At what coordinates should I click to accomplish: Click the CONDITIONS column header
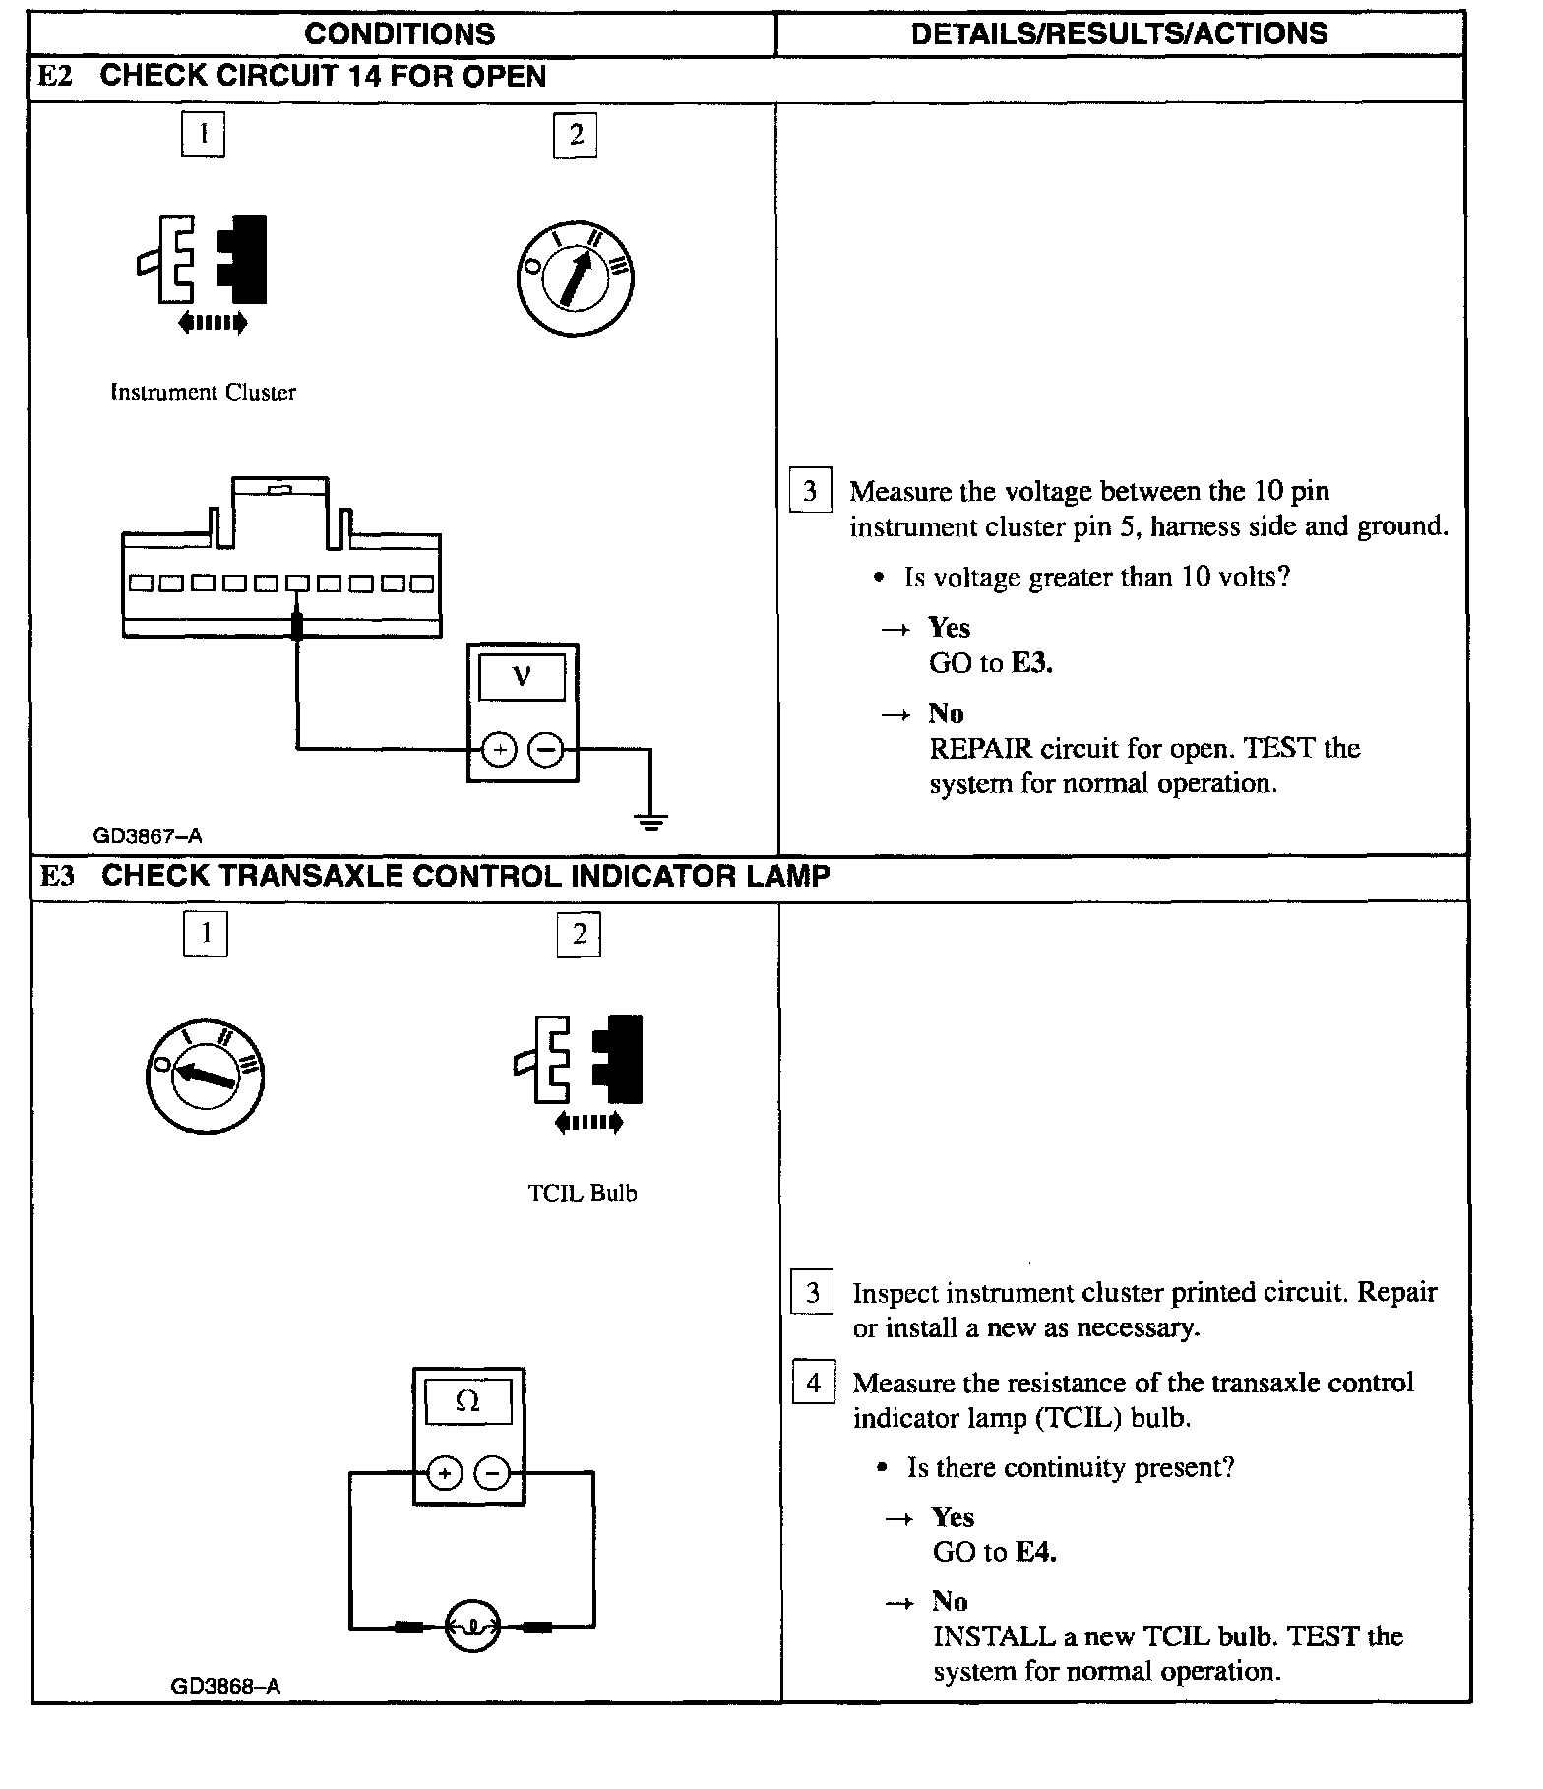(400, 34)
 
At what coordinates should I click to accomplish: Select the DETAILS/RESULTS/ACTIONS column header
(1119, 34)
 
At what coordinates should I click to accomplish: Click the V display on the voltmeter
(522, 677)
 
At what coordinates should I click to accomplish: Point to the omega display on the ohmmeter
(467, 1401)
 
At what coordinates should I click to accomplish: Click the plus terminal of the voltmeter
(499, 750)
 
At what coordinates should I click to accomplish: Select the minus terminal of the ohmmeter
(492, 1473)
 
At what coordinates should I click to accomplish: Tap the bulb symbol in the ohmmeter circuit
(472, 1626)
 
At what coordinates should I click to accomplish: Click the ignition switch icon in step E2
(575, 278)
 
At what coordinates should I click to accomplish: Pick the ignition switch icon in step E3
(205, 1075)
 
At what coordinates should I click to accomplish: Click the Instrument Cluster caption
(203, 392)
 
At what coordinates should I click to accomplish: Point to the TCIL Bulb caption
(583, 1193)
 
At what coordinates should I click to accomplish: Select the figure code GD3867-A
(148, 835)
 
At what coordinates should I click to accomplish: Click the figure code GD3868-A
(225, 1686)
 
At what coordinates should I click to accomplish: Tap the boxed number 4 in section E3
(814, 1383)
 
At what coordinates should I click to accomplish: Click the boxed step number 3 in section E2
(810, 491)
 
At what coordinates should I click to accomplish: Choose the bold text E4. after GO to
(1035, 1552)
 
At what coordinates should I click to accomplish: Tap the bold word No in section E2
(946, 712)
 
